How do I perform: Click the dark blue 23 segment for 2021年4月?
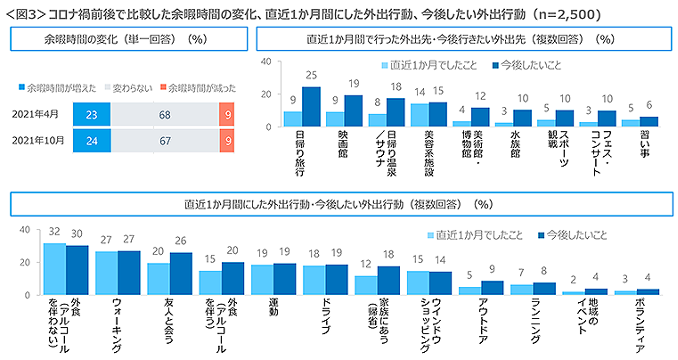coord(92,115)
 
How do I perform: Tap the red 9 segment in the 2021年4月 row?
coord(227,115)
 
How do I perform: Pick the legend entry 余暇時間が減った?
coord(201,88)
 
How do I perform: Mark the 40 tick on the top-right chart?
coord(268,62)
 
